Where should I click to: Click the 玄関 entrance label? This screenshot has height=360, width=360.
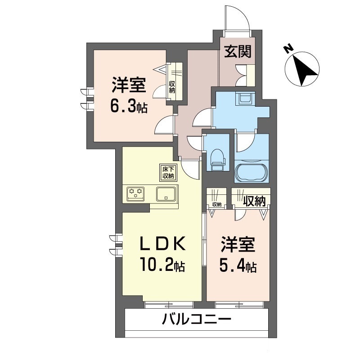tap(238, 52)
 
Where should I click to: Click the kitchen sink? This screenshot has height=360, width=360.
tap(166, 194)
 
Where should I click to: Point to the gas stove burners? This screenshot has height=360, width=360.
tap(136, 193)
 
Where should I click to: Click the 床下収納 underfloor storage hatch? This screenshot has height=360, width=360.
tap(168, 173)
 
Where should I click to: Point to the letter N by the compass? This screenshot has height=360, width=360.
tap(288, 49)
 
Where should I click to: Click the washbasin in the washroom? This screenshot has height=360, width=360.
tap(246, 99)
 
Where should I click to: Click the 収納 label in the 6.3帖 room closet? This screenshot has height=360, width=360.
tap(172, 87)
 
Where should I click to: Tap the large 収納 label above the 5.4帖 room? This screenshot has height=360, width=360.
tap(254, 201)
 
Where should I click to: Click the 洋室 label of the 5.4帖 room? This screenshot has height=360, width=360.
tap(238, 244)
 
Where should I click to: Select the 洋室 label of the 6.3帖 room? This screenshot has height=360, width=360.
tap(129, 85)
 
